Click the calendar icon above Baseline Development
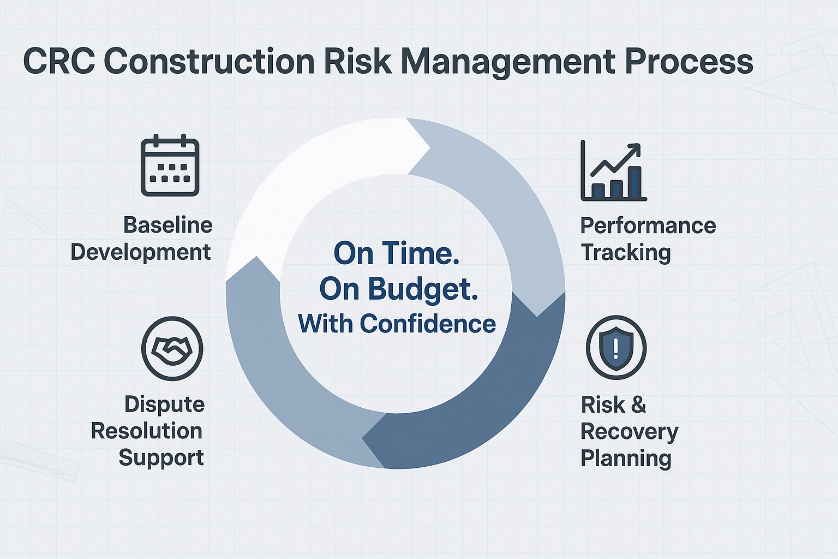coord(170,165)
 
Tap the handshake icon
coord(172,348)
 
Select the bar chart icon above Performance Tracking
coord(613,171)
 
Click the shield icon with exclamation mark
coord(616,348)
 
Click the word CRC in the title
coord(58,61)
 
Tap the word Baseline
coord(167,225)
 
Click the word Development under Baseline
coord(141,252)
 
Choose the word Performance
coord(648,225)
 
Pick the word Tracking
coord(625,253)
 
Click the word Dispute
coord(164,405)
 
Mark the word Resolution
coord(146,431)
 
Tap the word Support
coord(161,458)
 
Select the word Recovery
coord(629,432)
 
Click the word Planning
coord(626,459)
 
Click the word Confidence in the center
coord(427,324)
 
